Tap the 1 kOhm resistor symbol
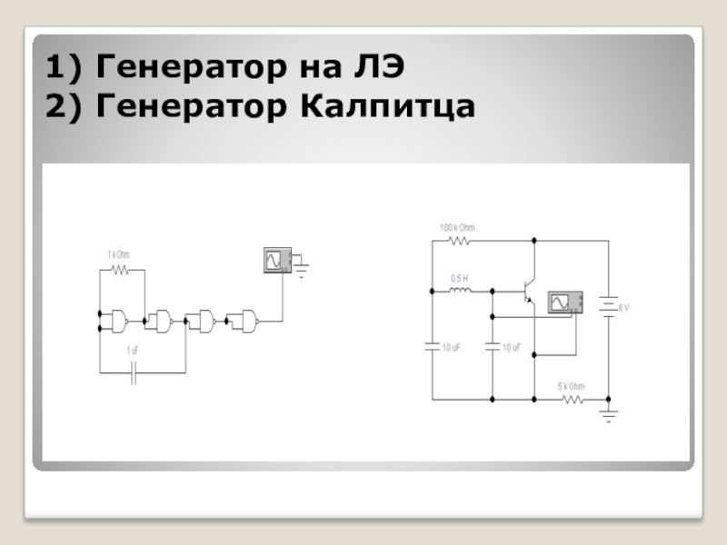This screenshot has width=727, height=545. coord(121,270)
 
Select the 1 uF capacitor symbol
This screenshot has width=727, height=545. coord(134,372)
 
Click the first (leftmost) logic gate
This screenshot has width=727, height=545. coord(119,319)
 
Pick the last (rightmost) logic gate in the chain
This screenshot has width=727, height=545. coord(244,319)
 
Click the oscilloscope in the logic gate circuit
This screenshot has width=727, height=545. coord(274,260)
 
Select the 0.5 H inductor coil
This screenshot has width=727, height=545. coord(460,292)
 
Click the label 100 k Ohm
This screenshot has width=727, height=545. coord(457,227)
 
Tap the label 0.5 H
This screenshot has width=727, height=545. coord(459,278)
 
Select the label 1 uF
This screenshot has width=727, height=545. coord(134,350)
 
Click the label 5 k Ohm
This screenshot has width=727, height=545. coord(571,386)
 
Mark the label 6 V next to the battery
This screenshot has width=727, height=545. coord(623,309)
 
